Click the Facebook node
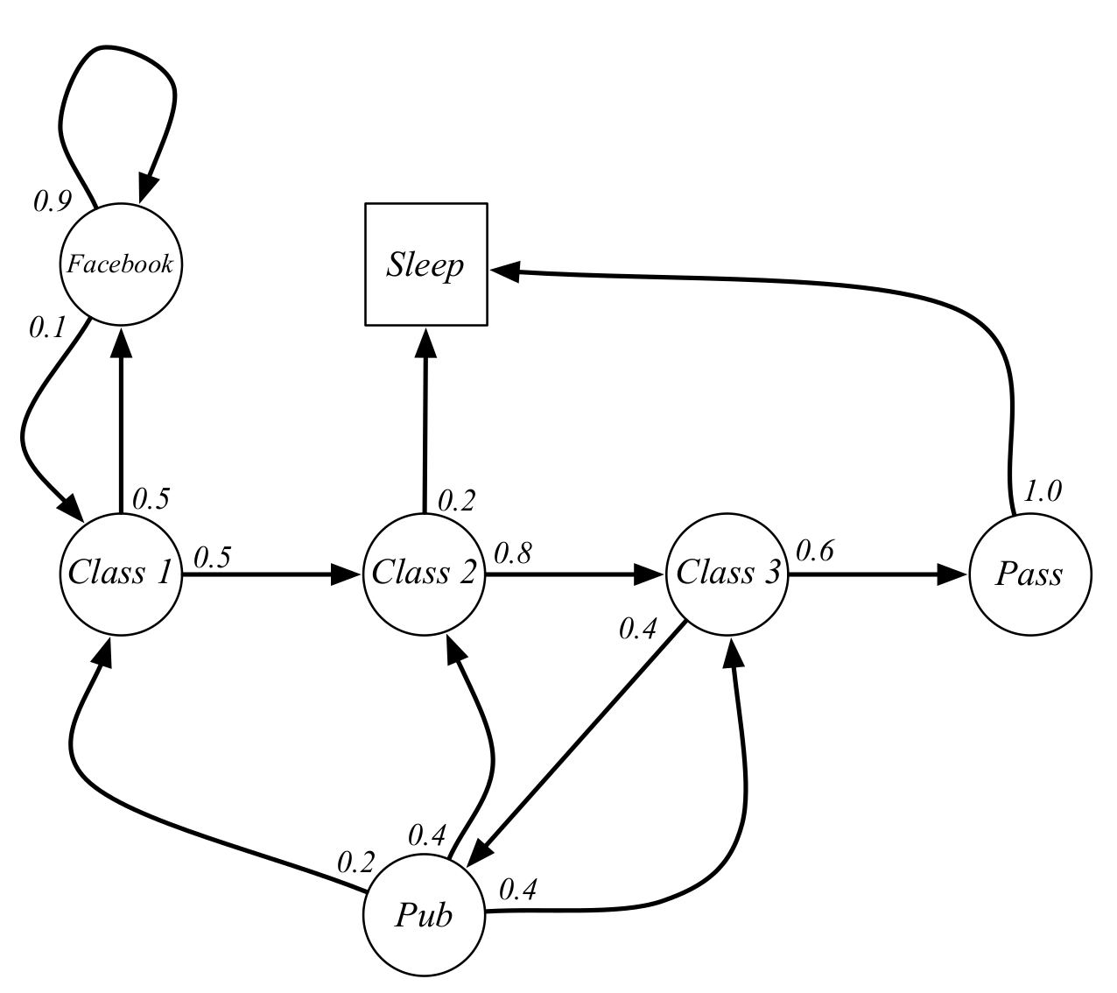[x=121, y=264]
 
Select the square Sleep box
[x=425, y=265]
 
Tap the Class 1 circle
[x=121, y=574]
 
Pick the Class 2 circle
[x=425, y=574]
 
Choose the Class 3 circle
[x=728, y=574]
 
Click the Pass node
[x=1030, y=574]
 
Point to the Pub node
[x=425, y=915]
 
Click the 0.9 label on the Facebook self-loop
[x=52, y=201]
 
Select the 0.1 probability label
[x=47, y=327]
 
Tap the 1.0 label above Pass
[x=1043, y=491]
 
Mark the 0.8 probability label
[x=512, y=553]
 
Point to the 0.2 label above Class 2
[x=455, y=501]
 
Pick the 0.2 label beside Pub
[x=356, y=863]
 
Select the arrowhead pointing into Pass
[x=953, y=574]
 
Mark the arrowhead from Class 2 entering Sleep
[x=425, y=342]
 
